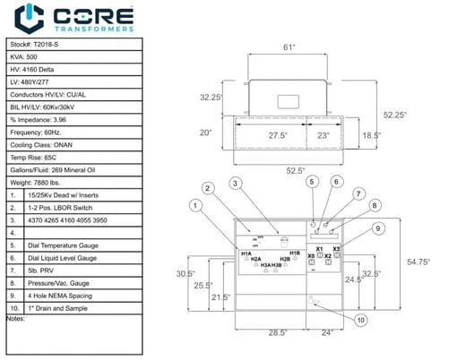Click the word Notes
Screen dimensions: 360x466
pos(16,318)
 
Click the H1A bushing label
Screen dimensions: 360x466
pos(246,254)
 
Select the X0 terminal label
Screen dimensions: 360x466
pos(311,256)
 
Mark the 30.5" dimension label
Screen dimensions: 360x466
pos(186,273)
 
